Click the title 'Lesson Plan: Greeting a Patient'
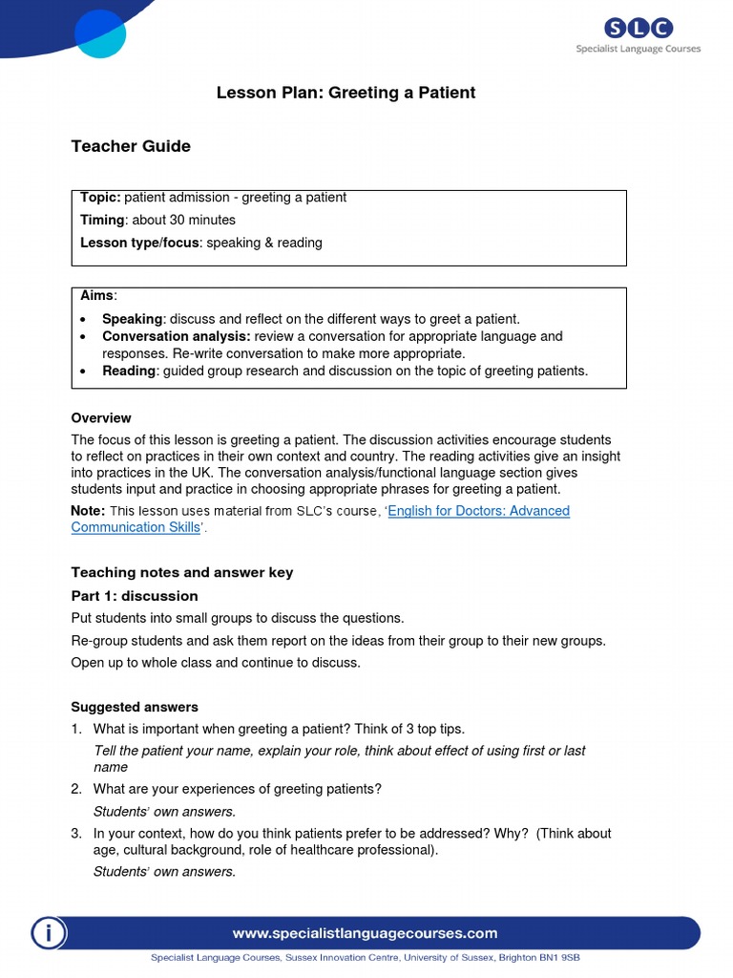pyautogui.click(x=346, y=93)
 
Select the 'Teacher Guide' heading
pyautogui.click(x=131, y=146)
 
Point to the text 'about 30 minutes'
pyautogui.click(x=183, y=221)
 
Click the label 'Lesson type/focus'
pyautogui.click(x=139, y=244)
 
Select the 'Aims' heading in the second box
pyautogui.click(x=96, y=297)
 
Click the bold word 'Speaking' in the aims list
pyautogui.click(x=133, y=319)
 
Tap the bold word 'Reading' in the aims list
pyautogui.click(x=128, y=371)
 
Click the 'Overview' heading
pyautogui.click(x=101, y=418)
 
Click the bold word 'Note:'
pyautogui.click(x=88, y=511)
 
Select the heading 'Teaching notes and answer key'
pyautogui.click(x=182, y=573)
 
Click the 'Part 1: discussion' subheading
pyautogui.click(x=135, y=596)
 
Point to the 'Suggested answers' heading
pyautogui.click(x=135, y=708)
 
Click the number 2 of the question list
pyautogui.click(x=75, y=789)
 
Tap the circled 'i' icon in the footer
pyautogui.click(x=48, y=933)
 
